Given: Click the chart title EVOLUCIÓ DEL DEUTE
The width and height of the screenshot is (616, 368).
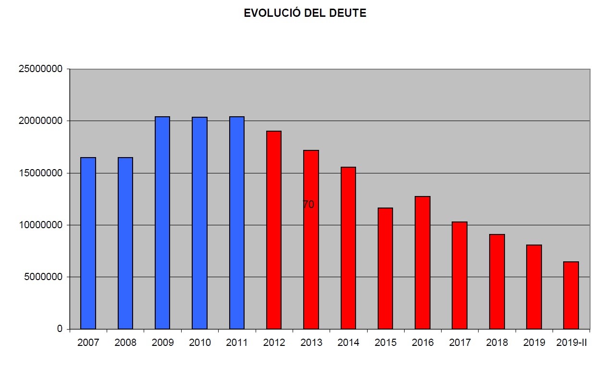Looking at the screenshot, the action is [x=305, y=13].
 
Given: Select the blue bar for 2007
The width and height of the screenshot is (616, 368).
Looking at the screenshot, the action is [x=88, y=243].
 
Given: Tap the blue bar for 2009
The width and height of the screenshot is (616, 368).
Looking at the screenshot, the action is [x=162, y=223].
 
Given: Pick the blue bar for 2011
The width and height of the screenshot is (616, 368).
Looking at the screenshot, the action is [x=237, y=223].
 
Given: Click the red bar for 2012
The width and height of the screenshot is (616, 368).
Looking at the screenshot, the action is [x=274, y=230].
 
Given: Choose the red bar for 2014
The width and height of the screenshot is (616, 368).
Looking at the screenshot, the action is [x=348, y=248].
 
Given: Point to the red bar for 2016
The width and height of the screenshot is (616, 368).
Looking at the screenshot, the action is [x=422, y=263].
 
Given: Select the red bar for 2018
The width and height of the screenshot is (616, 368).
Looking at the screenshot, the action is [x=497, y=282].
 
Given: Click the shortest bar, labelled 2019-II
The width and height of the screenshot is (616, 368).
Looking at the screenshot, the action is [x=571, y=295].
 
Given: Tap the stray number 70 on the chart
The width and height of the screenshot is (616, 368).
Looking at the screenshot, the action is [x=308, y=204].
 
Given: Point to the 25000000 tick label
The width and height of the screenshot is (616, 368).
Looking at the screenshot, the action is [x=40, y=69].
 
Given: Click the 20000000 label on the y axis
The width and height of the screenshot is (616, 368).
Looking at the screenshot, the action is [x=40, y=121].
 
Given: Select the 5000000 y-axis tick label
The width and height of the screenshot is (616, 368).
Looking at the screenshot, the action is [x=43, y=277].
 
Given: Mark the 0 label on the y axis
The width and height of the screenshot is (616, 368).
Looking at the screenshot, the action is [x=60, y=329].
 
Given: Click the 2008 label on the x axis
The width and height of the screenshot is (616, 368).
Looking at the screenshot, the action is [x=125, y=343].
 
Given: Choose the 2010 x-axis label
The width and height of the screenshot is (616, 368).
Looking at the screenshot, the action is [x=200, y=343].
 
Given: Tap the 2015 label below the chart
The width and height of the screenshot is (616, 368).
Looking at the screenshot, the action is [x=385, y=343].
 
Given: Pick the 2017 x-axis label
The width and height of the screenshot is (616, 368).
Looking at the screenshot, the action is [x=460, y=343].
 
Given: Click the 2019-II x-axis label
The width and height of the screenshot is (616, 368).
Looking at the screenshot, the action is [x=571, y=343].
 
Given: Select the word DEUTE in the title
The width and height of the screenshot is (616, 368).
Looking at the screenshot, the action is [x=347, y=13].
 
